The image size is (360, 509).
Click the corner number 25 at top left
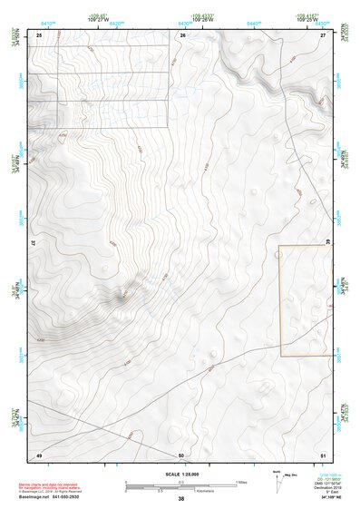[x=39, y=34]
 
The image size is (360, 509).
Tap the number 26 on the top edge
[x=182, y=34]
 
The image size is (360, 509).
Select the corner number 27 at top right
[x=323, y=34]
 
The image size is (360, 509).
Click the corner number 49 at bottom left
[x=39, y=454]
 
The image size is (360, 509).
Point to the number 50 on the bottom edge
[x=181, y=454]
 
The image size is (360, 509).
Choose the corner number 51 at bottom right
[x=323, y=454]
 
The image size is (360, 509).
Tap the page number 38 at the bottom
[x=180, y=499]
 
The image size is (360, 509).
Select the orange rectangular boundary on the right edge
[x=302, y=299]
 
